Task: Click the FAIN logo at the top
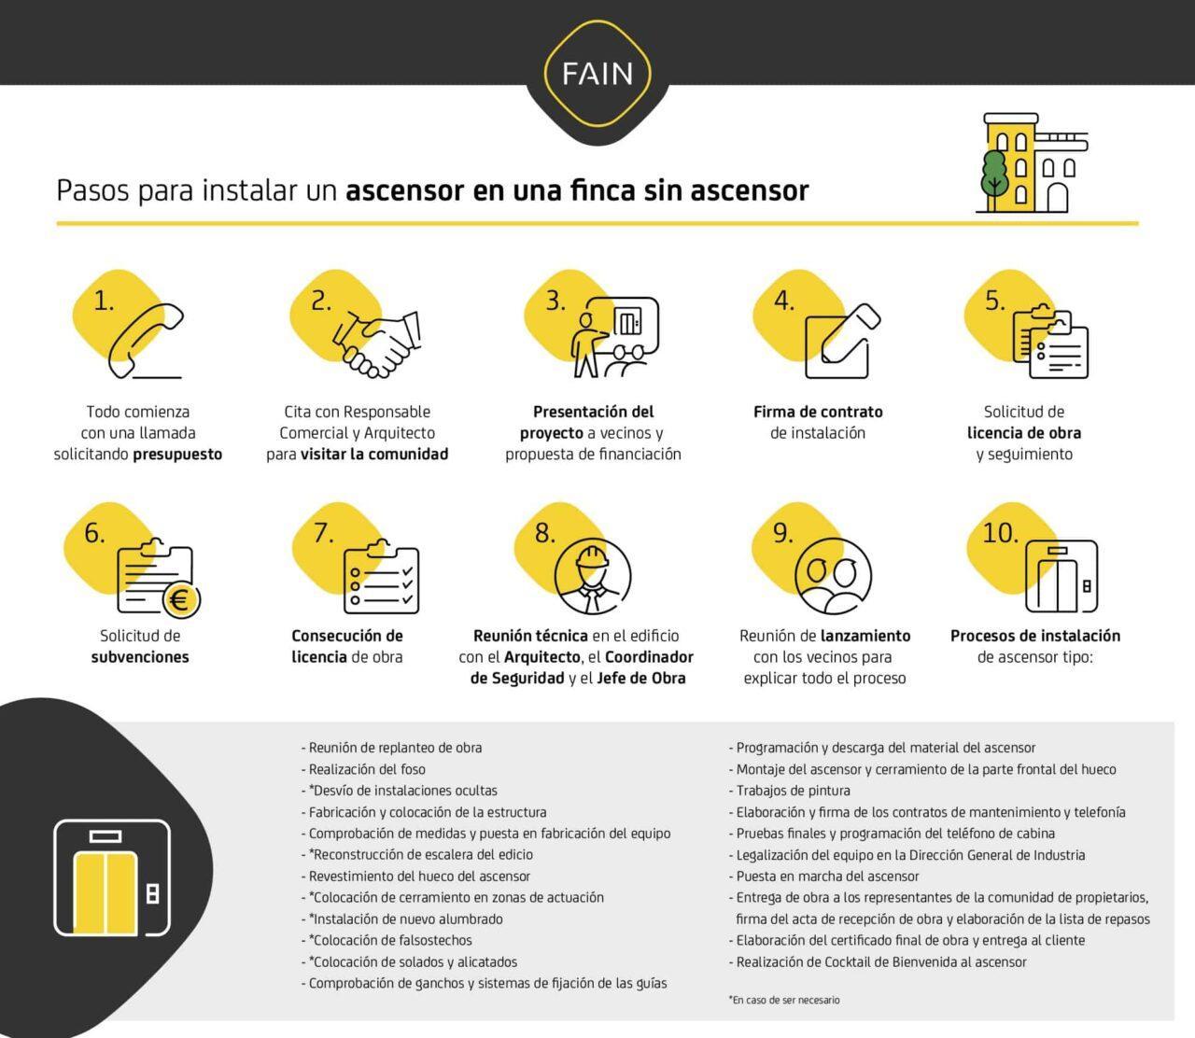pos(597,73)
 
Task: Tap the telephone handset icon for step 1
pos(146,341)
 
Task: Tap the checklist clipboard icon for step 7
pos(381,579)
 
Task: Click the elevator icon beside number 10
pos(1061,576)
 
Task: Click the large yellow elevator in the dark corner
pos(112,877)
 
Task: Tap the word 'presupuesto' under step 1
pos(177,455)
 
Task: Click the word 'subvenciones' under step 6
pos(140,657)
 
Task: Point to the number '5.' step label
pos(995,301)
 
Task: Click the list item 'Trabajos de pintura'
pos(793,791)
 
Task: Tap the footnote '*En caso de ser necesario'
pos(784,1000)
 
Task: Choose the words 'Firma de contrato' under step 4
pos(818,412)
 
